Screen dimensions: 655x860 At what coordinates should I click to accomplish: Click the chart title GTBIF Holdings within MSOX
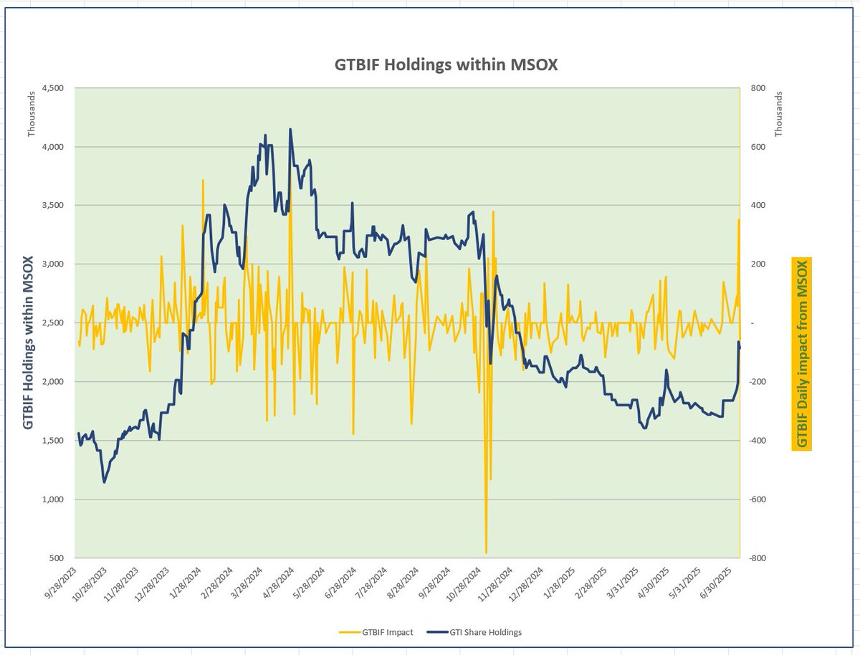(446, 64)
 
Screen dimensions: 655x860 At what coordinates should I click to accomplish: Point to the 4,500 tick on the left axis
(54, 88)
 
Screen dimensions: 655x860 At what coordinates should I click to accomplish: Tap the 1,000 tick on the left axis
(54, 499)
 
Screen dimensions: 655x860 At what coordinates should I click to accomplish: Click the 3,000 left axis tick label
(54, 264)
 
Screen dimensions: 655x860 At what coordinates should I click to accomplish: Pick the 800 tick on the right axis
(758, 88)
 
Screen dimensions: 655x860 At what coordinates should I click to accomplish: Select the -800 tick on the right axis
(758, 558)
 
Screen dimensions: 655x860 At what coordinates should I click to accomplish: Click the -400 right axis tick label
(758, 441)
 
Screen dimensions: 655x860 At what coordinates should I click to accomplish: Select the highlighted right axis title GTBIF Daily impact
(802, 354)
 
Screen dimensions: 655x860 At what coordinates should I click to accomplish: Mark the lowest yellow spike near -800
(486, 553)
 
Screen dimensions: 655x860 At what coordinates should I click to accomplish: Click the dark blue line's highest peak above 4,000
(290, 130)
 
